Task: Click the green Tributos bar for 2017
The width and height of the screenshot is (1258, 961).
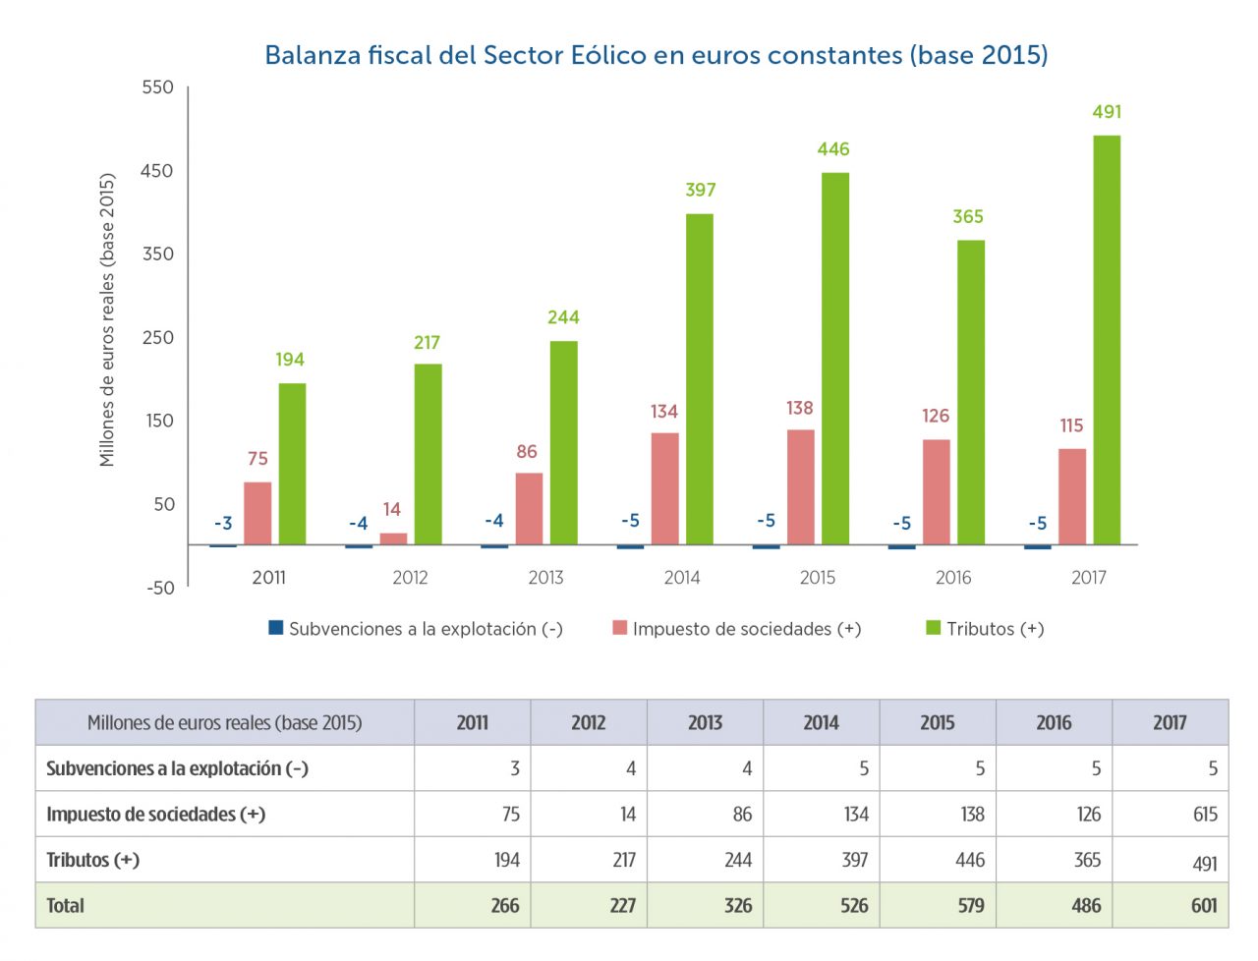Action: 1107,340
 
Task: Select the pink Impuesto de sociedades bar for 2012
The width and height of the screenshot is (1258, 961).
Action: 393,538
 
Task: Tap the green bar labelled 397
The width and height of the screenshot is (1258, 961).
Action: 700,379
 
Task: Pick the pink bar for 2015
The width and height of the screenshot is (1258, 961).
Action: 801,487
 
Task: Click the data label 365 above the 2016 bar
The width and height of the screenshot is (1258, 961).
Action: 968,216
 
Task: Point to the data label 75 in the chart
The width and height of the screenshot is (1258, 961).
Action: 257,459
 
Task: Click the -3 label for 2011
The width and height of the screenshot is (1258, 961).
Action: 224,523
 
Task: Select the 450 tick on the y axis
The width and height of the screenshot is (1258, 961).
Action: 157,171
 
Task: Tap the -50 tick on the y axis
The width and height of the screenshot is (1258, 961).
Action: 160,588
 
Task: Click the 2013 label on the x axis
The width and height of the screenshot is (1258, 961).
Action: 546,578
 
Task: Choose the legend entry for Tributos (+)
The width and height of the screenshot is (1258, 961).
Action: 986,629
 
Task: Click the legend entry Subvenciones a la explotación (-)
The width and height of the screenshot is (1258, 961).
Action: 416,629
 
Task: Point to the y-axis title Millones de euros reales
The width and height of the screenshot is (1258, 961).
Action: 107,320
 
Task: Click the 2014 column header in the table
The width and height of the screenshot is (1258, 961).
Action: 822,723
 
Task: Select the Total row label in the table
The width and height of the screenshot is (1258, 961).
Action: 66,906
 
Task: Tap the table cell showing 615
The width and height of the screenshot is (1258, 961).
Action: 1205,815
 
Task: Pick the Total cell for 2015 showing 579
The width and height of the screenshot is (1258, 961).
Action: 971,906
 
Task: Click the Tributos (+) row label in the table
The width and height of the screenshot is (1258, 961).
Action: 93,860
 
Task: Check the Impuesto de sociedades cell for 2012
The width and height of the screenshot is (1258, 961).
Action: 627,815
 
